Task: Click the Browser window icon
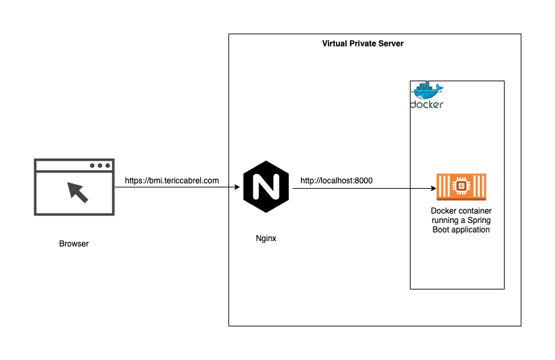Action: click(x=74, y=187)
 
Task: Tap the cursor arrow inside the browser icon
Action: click(x=78, y=192)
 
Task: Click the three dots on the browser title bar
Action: click(x=99, y=165)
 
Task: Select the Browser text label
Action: click(x=74, y=244)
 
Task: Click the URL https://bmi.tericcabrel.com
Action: click(x=172, y=180)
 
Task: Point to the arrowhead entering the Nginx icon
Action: click(x=237, y=187)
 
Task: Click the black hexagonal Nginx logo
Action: click(x=266, y=187)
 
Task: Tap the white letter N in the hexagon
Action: click(x=266, y=187)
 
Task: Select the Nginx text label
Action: click(x=266, y=238)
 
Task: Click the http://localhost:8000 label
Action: click(x=336, y=180)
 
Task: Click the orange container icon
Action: click(x=462, y=187)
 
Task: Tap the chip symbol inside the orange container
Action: click(x=462, y=185)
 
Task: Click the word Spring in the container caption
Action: click(x=478, y=220)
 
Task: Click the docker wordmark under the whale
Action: click(x=427, y=105)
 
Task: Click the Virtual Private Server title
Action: click(x=363, y=43)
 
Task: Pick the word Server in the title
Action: click(x=390, y=43)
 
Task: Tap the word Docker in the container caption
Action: click(x=442, y=211)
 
